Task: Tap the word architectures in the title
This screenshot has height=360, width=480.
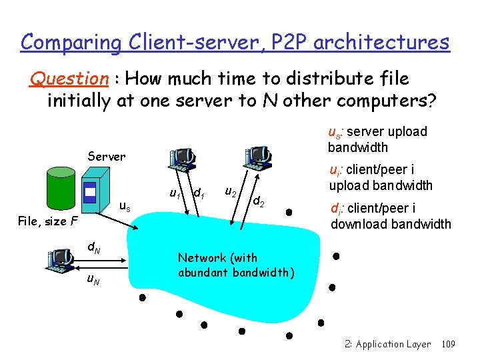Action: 381,43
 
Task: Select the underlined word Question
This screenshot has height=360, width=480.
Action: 69,79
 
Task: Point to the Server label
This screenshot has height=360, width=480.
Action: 106,157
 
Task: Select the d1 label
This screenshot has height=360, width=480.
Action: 197,193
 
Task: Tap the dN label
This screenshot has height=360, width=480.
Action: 94,249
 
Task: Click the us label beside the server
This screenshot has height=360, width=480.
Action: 124,207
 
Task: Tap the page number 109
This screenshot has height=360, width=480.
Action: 448,345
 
